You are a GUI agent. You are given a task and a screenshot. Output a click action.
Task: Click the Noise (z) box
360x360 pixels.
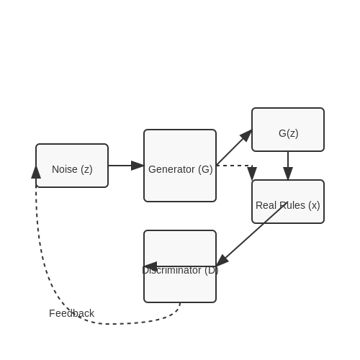[72, 166]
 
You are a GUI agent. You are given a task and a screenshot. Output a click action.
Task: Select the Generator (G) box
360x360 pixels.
[180, 166]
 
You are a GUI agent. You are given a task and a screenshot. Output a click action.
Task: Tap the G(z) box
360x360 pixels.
[288, 130]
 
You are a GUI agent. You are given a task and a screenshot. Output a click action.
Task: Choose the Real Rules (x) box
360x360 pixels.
[288, 202]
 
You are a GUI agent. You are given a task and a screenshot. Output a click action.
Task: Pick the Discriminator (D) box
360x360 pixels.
[180, 266]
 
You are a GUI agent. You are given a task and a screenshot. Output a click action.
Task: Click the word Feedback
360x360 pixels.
[71, 313]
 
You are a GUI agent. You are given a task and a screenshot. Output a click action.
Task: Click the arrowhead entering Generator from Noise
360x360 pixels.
[138, 166]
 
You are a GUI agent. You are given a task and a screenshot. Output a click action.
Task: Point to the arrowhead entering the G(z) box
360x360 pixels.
[246, 135]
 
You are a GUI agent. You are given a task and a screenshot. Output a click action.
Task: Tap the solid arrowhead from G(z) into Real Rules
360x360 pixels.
[288, 174]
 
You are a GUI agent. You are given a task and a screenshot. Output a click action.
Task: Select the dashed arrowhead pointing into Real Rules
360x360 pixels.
[252, 174]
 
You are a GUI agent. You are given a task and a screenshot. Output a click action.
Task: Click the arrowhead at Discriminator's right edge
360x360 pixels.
[222, 261]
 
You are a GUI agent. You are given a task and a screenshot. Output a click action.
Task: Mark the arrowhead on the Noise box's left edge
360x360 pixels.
[36, 172]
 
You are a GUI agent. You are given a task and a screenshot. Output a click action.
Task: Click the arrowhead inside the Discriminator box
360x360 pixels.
[150, 266]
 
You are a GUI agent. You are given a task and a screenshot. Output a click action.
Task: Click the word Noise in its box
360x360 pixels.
[65, 169]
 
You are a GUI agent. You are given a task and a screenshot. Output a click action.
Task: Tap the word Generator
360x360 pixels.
[171, 169]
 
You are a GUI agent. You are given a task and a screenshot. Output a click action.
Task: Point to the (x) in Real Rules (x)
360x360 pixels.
[314, 206]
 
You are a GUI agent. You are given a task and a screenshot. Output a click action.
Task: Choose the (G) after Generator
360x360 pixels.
[205, 170]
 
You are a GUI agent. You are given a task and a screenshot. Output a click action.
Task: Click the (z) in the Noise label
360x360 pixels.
[86, 170]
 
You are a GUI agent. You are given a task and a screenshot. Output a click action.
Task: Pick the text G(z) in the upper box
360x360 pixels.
[289, 133]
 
